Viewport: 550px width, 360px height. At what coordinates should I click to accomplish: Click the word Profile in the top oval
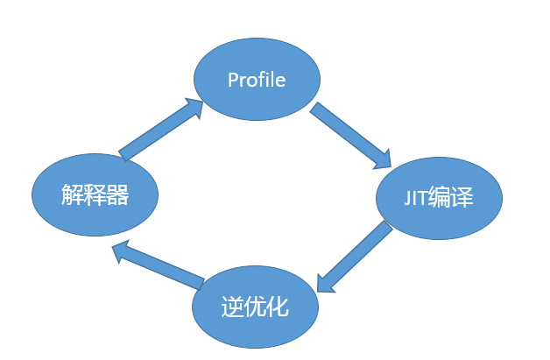pyautogui.click(x=257, y=80)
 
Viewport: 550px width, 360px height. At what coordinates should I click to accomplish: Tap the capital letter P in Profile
pyautogui.click(x=233, y=80)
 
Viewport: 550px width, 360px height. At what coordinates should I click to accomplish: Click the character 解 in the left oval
pyautogui.click(x=73, y=194)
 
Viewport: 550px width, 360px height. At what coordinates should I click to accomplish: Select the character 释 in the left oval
pyautogui.click(x=95, y=194)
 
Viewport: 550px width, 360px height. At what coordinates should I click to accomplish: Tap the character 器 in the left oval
pyautogui.click(x=117, y=194)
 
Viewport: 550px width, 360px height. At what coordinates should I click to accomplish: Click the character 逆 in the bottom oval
pyautogui.click(x=231, y=308)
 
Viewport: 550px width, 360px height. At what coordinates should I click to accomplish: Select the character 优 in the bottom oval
pyautogui.click(x=255, y=308)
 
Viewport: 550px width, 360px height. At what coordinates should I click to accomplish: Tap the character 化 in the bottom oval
pyautogui.click(x=278, y=308)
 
